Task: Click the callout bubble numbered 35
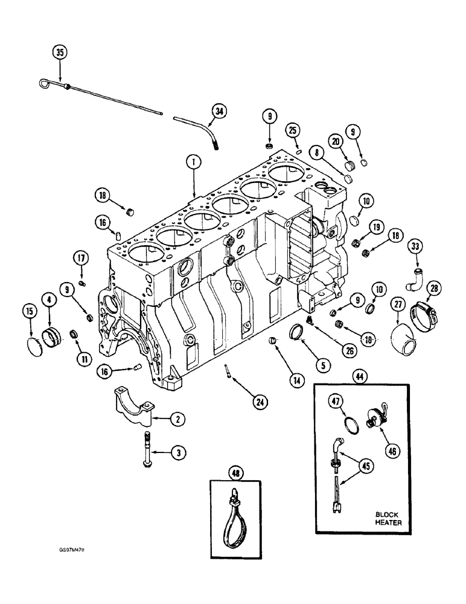click(x=59, y=52)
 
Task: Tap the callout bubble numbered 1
click(x=193, y=161)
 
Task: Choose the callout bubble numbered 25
click(x=293, y=130)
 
